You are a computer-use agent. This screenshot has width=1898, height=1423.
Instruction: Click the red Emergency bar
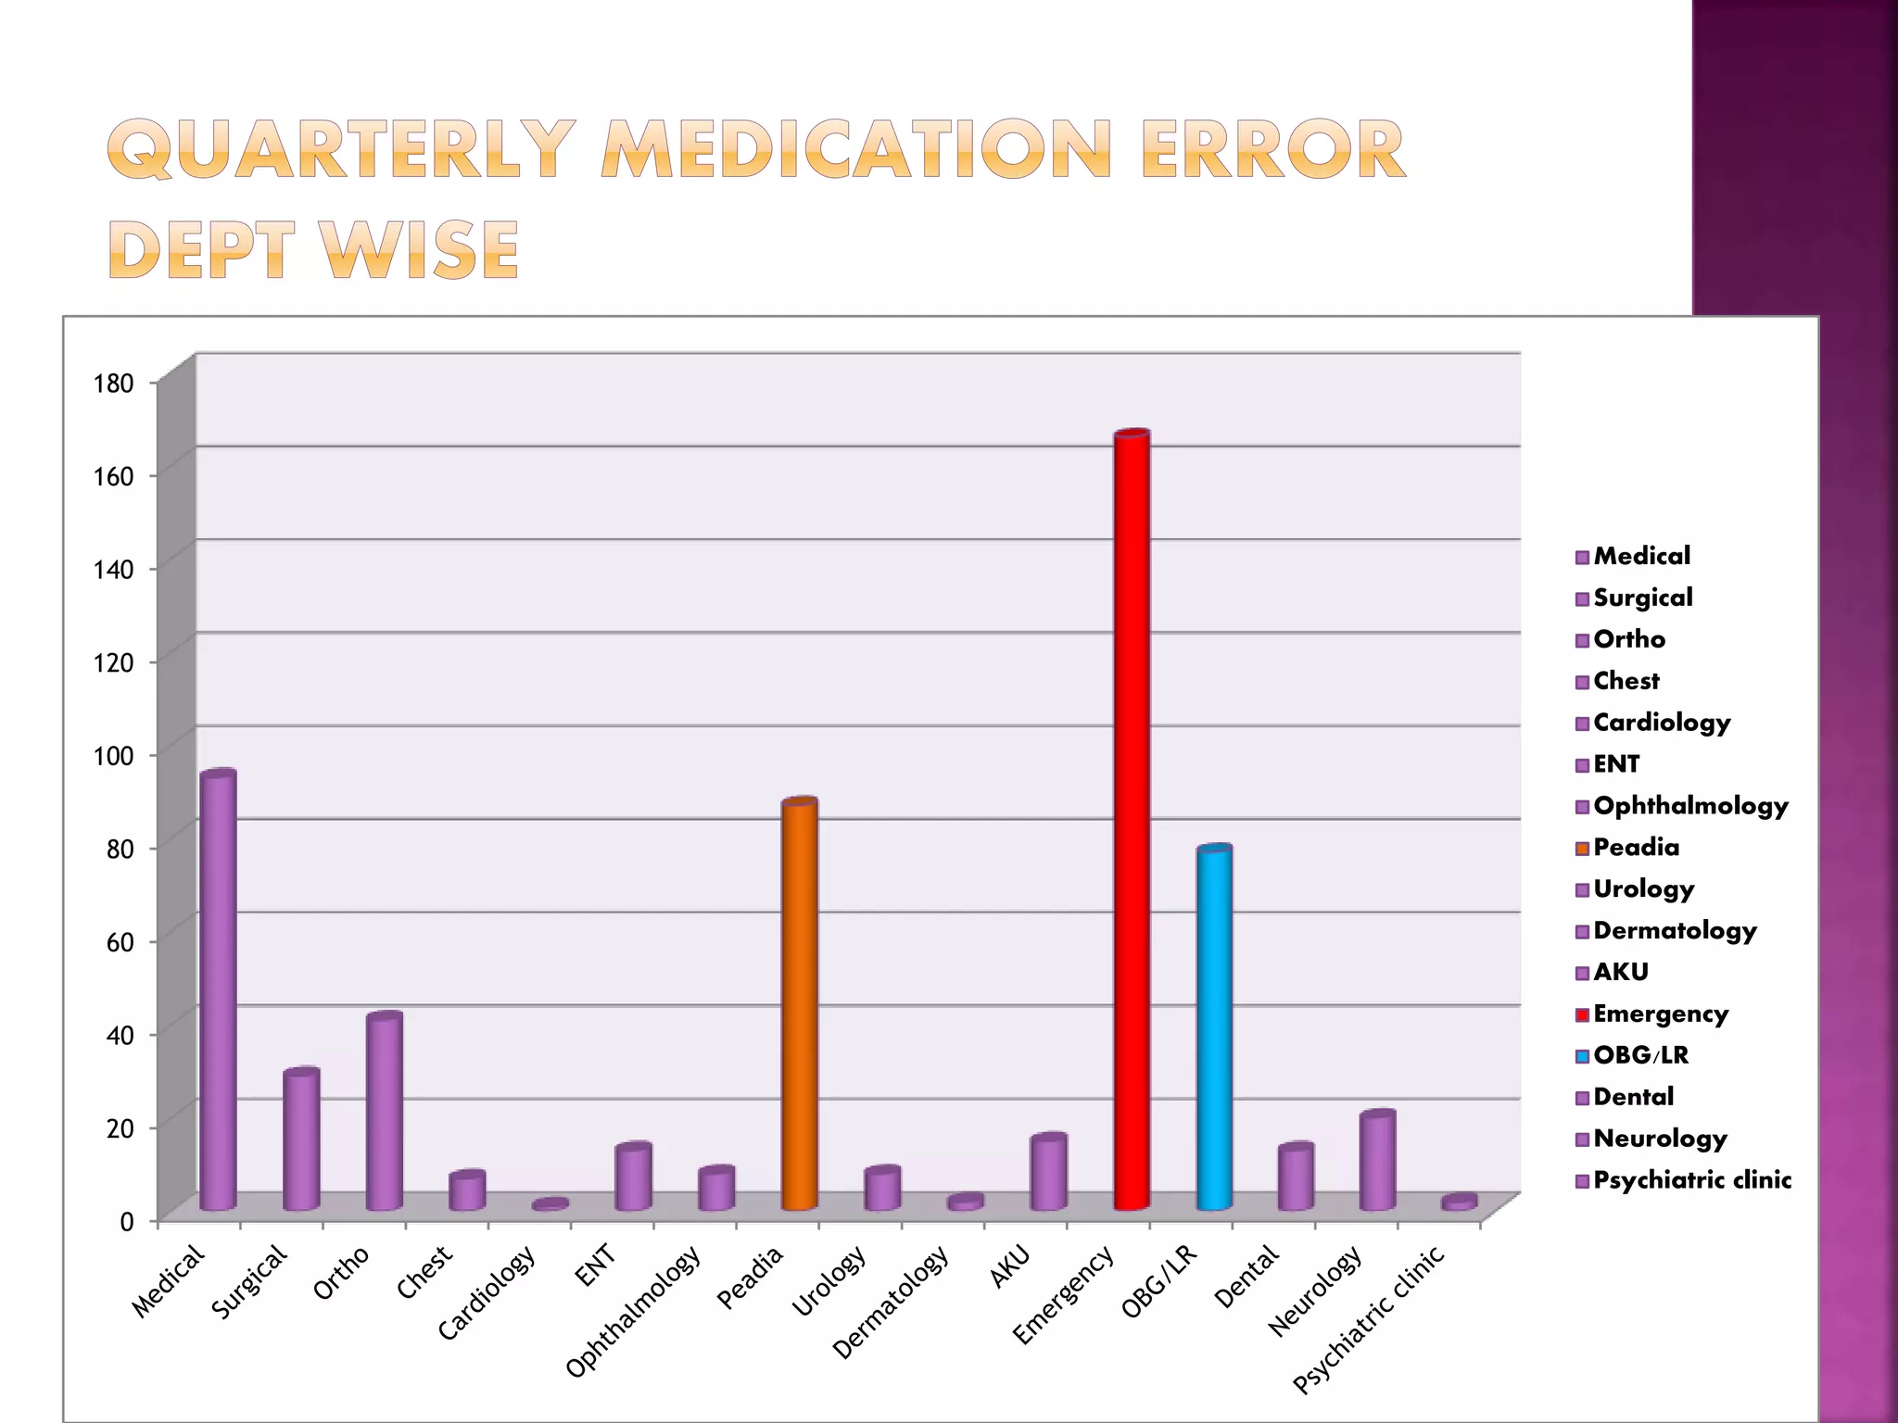coord(1132,820)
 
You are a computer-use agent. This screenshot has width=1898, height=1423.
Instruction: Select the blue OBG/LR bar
coord(1214,1028)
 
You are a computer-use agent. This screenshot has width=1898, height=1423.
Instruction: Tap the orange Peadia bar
coord(799,1005)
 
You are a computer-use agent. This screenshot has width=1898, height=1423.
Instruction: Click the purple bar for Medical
coord(218,991)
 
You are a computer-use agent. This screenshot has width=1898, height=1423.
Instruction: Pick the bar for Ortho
coord(384,1112)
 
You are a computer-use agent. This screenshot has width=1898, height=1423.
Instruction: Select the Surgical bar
coord(301,1140)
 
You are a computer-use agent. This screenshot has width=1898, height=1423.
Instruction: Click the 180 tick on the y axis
coord(113,384)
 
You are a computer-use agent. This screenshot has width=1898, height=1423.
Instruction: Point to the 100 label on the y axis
coord(113,756)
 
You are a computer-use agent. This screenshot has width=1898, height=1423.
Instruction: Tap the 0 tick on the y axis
coord(127,1222)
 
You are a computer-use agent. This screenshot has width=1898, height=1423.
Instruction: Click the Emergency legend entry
coord(1660,1014)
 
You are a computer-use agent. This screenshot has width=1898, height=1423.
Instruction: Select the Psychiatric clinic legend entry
coord(1691,1180)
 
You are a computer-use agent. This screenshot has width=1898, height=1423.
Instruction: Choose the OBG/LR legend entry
coord(1640,1055)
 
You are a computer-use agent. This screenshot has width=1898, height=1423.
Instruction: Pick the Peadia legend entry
coord(1636,848)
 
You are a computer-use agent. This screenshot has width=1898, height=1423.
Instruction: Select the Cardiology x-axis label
coord(487,1291)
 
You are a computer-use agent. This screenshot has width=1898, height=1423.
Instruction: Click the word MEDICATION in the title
coord(856,149)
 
